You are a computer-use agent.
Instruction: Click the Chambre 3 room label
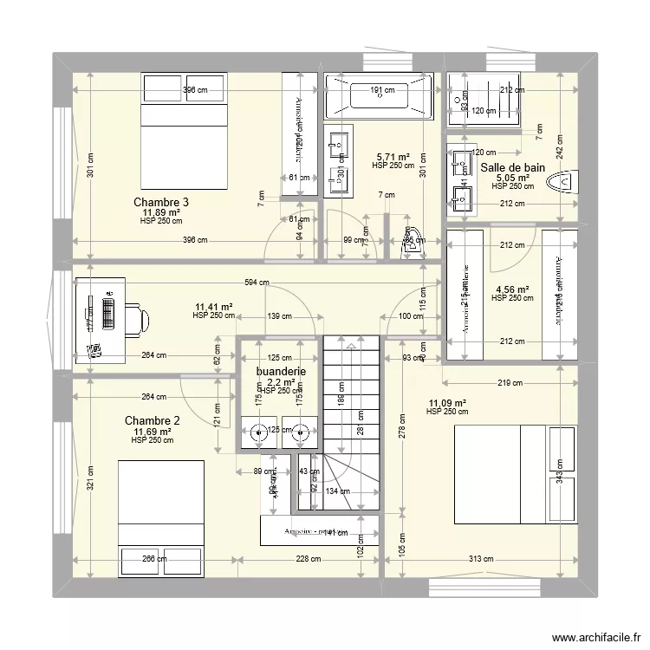pyautogui.click(x=161, y=202)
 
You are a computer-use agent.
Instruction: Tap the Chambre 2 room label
pyautogui.click(x=152, y=421)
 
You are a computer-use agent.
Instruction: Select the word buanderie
pyautogui.click(x=281, y=372)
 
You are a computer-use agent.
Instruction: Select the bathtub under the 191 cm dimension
pyautogui.click(x=378, y=95)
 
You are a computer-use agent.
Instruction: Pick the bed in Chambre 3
pyautogui.click(x=185, y=132)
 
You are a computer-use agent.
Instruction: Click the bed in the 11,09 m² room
pyautogui.click(x=517, y=474)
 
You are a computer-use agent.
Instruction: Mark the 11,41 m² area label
pyautogui.click(x=213, y=307)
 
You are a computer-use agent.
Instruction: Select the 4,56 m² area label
pyautogui.click(x=511, y=290)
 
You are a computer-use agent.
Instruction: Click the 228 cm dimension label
pyautogui.click(x=308, y=558)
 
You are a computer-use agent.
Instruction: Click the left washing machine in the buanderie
pyautogui.click(x=257, y=431)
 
